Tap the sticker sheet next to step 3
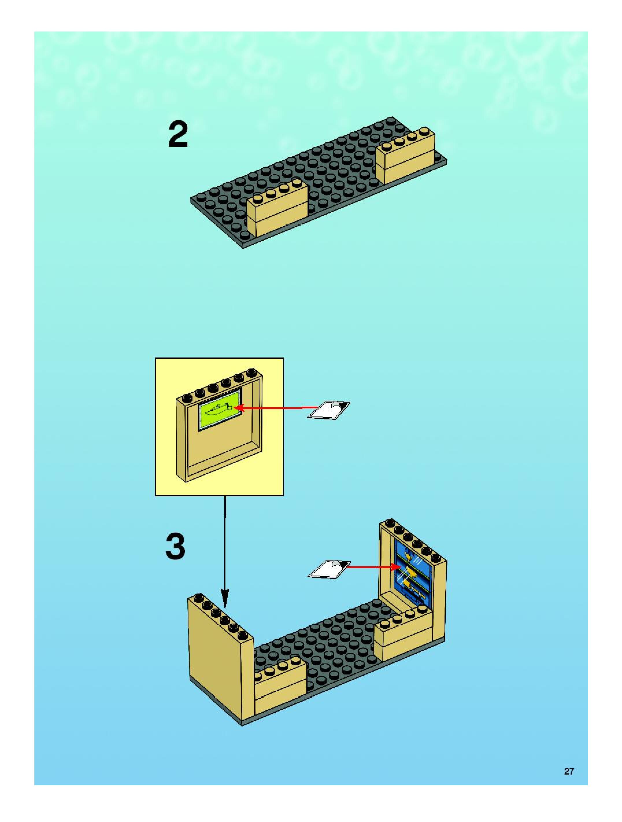(329, 569)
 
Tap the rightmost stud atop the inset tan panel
(253, 373)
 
